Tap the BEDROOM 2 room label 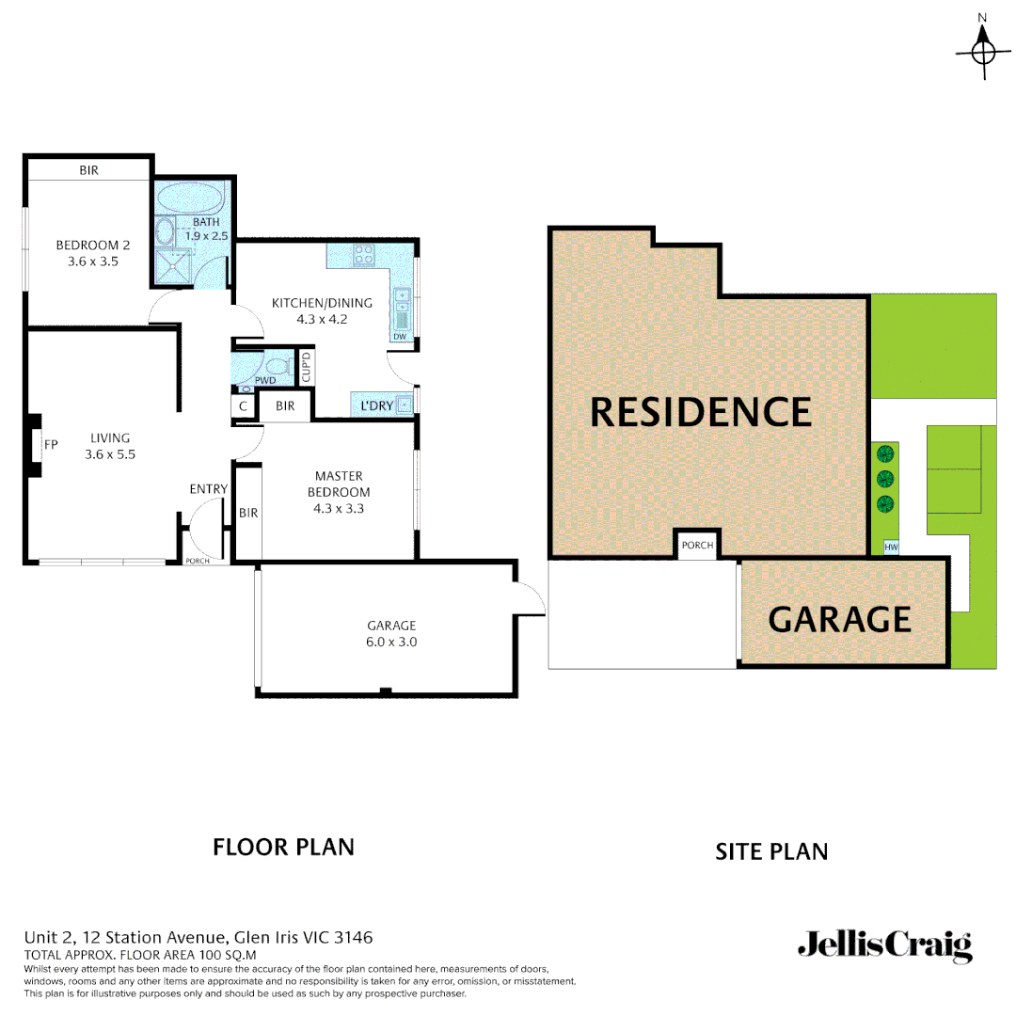(x=92, y=253)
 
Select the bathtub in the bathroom (x=189, y=198)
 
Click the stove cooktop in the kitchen (x=363, y=254)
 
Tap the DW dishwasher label (x=399, y=337)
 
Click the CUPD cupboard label (x=306, y=365)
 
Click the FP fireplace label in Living (x=51, y=444)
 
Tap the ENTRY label (x=208, y=488)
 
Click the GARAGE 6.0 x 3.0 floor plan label (x=391, y=633)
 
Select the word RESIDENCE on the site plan (x=701, y=412)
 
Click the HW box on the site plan (x=891, y=547)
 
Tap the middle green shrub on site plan (x=884, y=479)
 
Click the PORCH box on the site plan (x=697, y=546)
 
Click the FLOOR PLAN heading (x=283, y=847)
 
